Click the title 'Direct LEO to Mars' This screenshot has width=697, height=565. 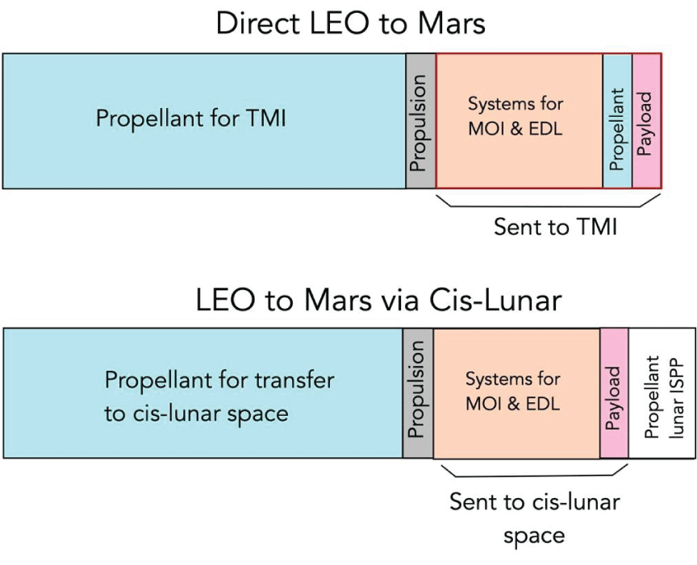point(350,23)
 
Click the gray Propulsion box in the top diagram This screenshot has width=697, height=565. point(419,121)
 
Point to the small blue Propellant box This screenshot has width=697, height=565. point(617,121)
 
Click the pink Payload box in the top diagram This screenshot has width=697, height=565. point(646,121)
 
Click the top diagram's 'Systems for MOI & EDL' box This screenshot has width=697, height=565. point(518,121)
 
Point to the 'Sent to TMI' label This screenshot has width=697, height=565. point(556,227)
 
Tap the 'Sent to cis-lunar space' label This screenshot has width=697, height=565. point(534,518)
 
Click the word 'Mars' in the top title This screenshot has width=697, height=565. point(453,23)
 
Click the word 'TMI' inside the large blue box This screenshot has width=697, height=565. point(264,119)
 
